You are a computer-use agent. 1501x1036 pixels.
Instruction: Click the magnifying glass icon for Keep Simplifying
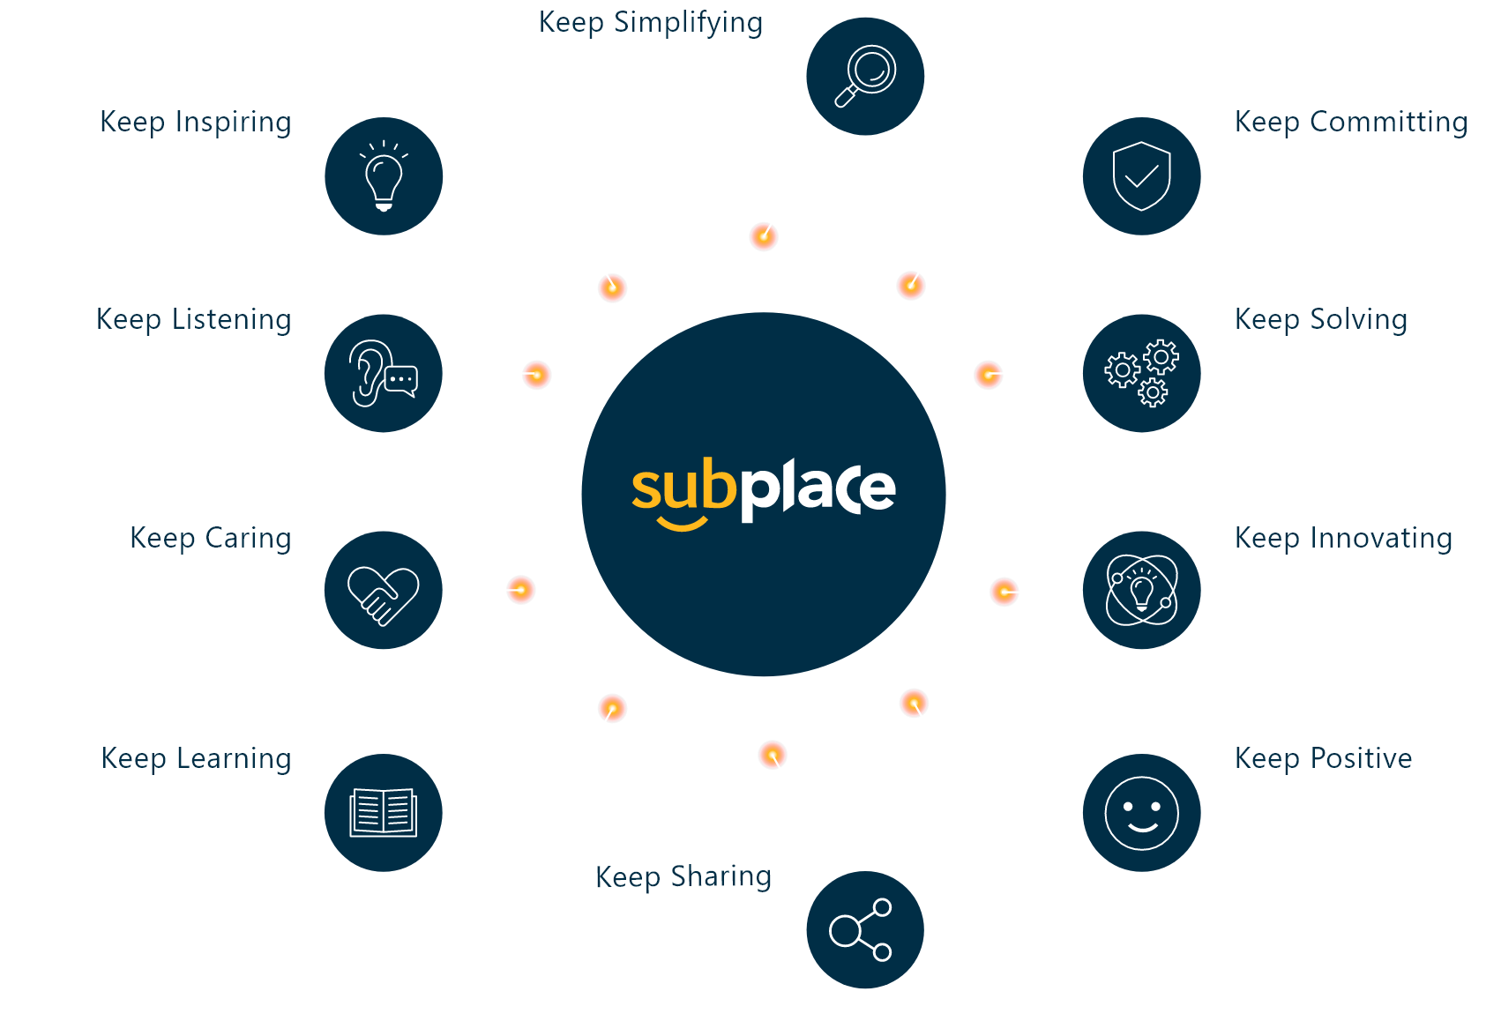(865, 76)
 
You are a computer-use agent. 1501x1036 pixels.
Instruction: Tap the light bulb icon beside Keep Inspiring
(384, 176)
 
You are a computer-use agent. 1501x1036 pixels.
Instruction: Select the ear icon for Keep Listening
(384, 374)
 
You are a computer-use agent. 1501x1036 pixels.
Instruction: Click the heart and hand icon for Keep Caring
(384, 591)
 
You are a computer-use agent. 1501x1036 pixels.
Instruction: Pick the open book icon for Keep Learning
(384, 812)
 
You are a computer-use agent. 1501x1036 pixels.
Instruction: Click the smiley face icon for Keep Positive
(1142, 812)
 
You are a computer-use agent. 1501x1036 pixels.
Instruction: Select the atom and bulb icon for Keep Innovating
(1142, 590)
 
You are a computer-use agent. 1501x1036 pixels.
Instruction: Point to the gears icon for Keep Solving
(1142, 373)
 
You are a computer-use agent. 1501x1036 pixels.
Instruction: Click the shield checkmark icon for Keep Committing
(1142, 176)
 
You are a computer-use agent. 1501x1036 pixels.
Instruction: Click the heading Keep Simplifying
(651, 23)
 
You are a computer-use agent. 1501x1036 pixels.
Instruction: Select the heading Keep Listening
(193, 319)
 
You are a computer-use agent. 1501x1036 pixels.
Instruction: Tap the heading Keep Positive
(1323, 758)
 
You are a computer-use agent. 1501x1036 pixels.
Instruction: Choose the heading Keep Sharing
(683, 877)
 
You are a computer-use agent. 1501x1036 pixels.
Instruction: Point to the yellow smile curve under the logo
(683, 525)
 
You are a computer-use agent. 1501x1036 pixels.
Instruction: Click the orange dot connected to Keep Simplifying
(764, 236)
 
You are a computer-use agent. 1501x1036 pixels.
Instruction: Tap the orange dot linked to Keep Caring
(520, 590)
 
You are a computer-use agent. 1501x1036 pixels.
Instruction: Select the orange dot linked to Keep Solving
(989, 375)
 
